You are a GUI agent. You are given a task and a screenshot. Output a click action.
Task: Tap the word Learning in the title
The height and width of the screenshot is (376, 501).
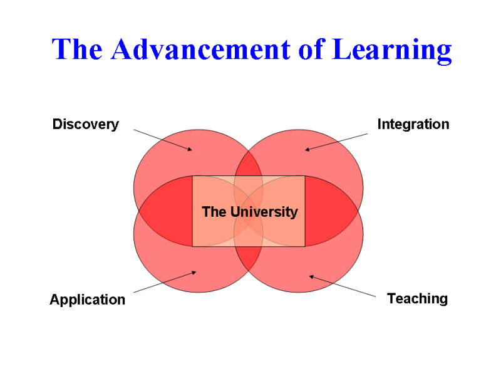[x=391, y=50]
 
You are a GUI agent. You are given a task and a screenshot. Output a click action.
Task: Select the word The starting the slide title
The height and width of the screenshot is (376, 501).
[x=78, y=49]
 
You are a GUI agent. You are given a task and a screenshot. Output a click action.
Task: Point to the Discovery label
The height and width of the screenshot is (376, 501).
[x=85, y=124]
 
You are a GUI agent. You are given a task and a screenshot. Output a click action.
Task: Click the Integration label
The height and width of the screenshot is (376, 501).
[x=413, y=124]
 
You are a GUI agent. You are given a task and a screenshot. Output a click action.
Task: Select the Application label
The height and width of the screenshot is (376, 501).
[x=87, y=300]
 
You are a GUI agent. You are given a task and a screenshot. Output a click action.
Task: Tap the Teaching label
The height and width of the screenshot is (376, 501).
[x=417, y=298]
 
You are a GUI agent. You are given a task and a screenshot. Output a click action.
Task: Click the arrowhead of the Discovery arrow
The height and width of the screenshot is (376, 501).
[x=190, y=149]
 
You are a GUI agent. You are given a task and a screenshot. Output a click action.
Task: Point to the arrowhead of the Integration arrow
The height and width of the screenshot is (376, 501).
[x=307, y=149]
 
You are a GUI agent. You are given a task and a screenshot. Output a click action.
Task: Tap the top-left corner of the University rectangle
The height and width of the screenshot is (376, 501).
[x=192, y=176]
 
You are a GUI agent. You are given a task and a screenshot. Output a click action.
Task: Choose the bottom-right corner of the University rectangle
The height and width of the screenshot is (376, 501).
[x=305, y=246]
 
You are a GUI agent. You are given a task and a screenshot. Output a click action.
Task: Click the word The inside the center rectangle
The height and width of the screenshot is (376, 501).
[x=214, y=212]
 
